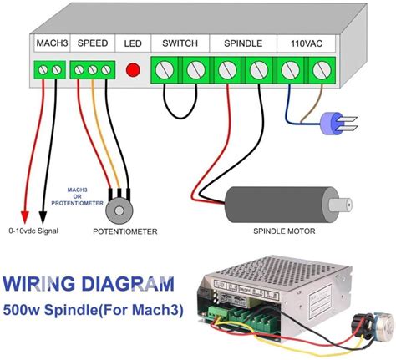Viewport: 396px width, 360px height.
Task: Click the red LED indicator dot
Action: pyautogui.click(x=132, y=69)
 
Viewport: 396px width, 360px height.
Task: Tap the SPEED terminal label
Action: pyautogui.click(x=92, y=42)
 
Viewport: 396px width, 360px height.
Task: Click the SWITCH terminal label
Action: pyautogui.click(x=180, y=42)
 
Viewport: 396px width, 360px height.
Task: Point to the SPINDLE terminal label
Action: pyautogui.click(x=242, y=42)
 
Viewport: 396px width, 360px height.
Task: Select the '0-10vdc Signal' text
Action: pyautogui.click(x=36, y=231)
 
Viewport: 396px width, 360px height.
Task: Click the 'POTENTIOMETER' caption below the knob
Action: pyautogui.click(x=124, y=231)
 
